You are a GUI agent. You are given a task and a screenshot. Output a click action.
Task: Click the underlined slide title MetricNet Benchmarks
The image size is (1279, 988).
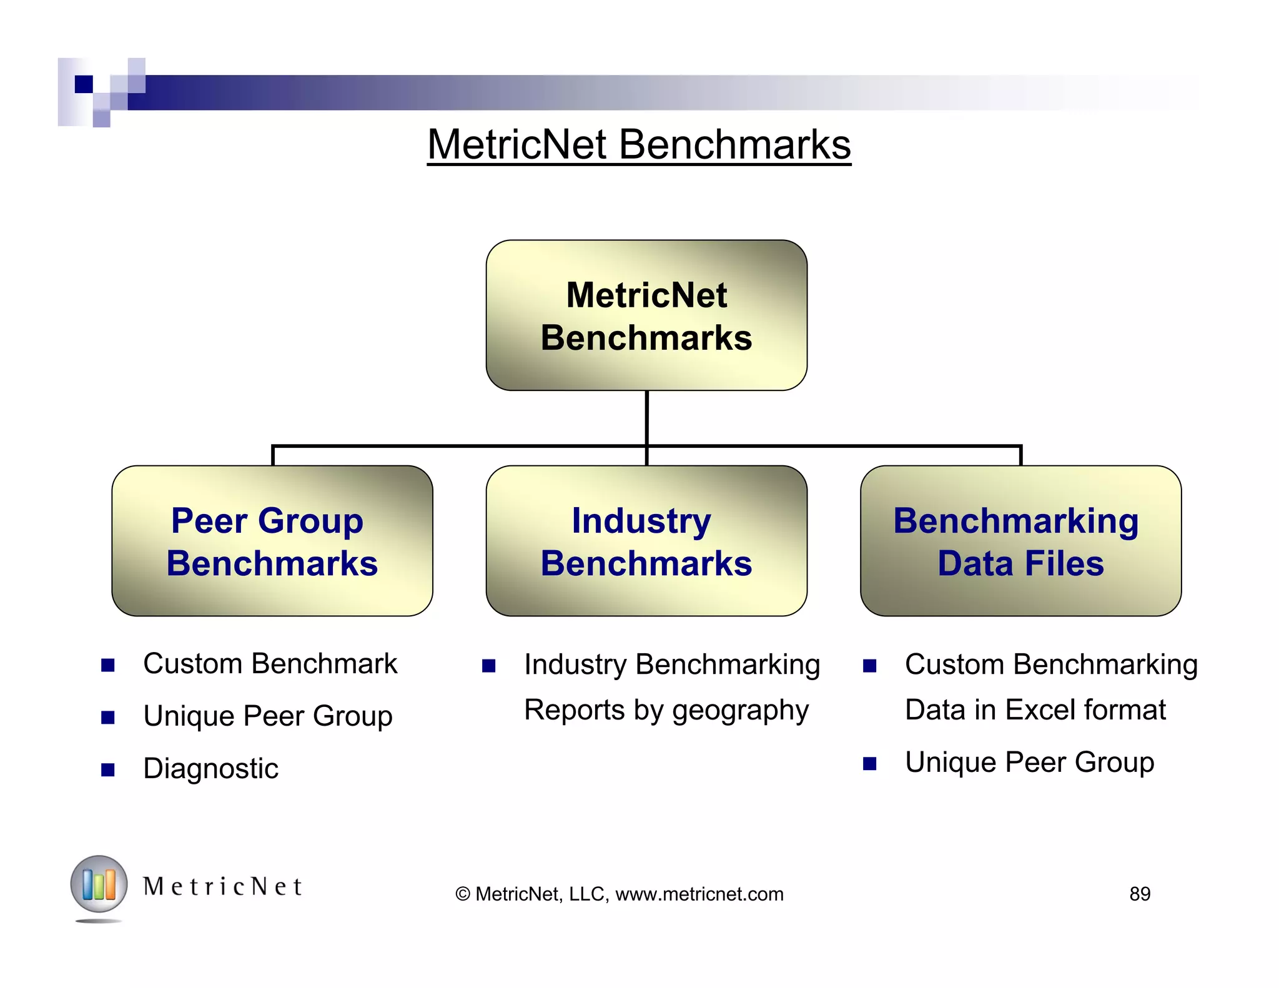click(x=638, y=145)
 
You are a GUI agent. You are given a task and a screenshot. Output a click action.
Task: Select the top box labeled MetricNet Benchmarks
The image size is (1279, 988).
click(x=646, y=315)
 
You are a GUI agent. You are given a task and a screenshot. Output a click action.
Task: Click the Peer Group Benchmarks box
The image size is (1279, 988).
click(x=272, y=541)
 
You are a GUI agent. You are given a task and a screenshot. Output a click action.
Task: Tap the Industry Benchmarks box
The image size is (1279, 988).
click(x=646, y=541)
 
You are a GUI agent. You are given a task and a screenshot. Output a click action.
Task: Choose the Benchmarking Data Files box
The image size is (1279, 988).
click(x=1020, y=541)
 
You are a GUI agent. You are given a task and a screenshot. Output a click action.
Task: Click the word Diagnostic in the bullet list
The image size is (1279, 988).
click(x=210, y=769)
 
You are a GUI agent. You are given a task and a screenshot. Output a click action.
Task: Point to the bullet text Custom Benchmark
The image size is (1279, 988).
click(x=270, y=664)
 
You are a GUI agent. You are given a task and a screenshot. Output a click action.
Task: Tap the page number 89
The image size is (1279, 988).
click(x=1140, y=894)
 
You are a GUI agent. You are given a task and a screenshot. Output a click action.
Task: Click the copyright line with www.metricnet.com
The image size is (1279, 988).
click(x=620, y=894)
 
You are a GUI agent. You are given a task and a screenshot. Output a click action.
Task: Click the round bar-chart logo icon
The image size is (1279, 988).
click(x=99, y=884)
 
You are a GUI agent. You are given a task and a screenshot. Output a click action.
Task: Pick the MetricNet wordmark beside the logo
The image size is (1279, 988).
click(x=222, y=887)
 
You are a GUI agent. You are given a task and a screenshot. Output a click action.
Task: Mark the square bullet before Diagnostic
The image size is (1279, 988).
click(x=108, y=769)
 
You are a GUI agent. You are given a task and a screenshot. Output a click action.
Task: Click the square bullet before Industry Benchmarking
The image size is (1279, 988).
click(x=488, y=666)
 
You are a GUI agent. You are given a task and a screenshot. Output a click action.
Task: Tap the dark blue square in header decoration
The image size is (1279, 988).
click(x=84, y=84)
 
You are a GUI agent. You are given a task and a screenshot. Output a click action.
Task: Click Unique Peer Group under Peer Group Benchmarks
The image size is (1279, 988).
click(x=267, y=716)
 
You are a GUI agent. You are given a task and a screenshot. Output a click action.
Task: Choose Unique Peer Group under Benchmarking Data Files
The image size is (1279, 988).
click(x=1029, y=763)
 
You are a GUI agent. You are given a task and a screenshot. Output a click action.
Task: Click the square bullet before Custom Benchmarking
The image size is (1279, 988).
click(x=869, y=666)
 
